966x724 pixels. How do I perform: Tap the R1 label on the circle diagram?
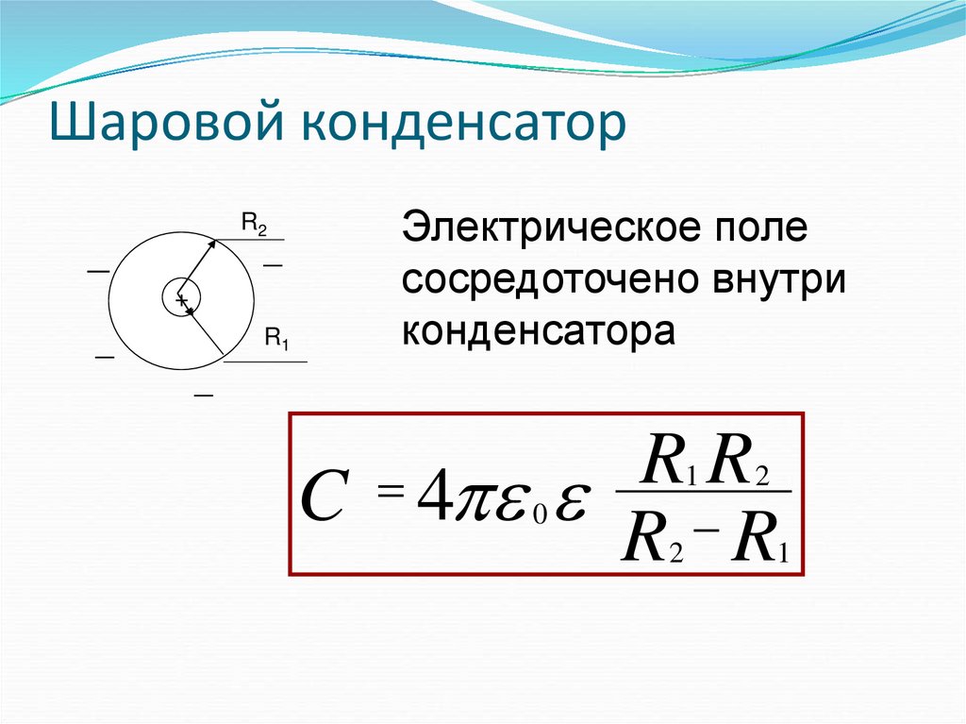point(275,339)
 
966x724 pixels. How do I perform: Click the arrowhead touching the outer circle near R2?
point(212,244)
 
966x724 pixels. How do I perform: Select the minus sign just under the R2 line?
point(273,267)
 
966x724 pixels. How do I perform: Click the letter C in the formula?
point(321,501)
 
